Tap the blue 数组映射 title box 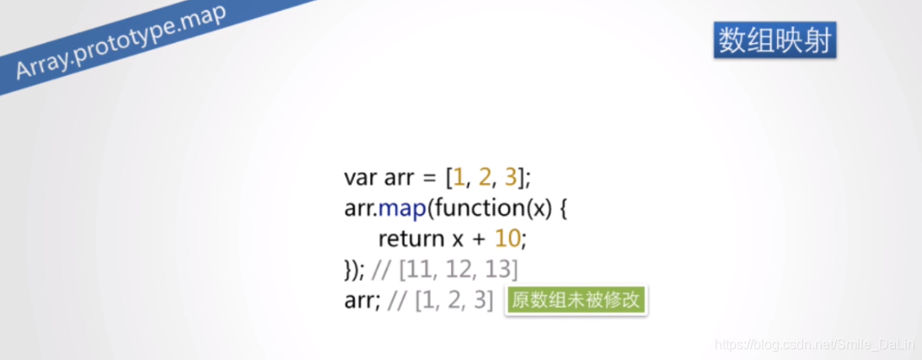pyautogui.click(x=775, y=40)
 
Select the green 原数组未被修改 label pyautogui.click(x=576, y=301)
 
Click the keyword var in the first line pyautogui.click(x=361, y=178)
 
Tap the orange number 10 pyautogui.click(x=508, y=239)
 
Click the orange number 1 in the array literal pyautogui.click(x=458, y=178)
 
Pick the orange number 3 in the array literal pyautogui.click(x=510, y=178)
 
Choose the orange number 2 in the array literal pyautogui.click(x=484, y=178)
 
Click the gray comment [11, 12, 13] pyautogui.click(x=458, y=270)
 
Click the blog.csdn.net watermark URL pyautogui.click(x=813, y=345)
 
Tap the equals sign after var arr pyautogui.click(x=428, y=179)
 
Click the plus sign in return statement pyautogui.click(x=479, y=239)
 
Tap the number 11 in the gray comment pyautogui.click(x=418, y=270)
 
